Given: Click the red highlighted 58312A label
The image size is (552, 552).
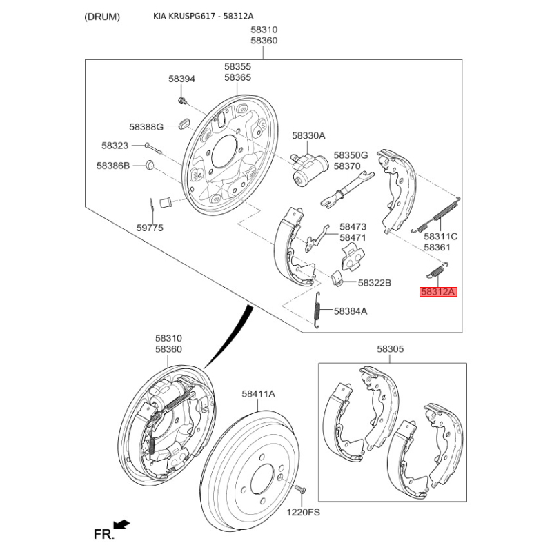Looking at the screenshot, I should pyautogui.click(x=439, y=292).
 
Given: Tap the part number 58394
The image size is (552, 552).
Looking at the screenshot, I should pyautogui.click(x=181, y=79).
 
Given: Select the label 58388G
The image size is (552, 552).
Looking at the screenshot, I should pyautogui.click(x=146, y=127).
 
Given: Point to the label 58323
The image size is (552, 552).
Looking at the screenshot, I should pyautogui.click(x=115, y=146).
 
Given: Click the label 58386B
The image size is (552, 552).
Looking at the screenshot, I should pyautogui.click(x=112, y=166).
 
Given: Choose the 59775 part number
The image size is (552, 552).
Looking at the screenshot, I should pyautogui.click(x=150, y=226).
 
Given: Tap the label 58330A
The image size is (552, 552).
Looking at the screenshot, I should pyautogui.click(x=308, y=136).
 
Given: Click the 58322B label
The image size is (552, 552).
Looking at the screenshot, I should pyautogui.click(x=375, y=283).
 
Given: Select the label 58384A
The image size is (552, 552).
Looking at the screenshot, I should pyautogui.click(x=351, y=311).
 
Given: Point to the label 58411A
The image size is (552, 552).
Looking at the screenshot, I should pyautogui.click(x=258, y=393).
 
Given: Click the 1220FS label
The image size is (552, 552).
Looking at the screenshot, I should pyautogui.click(x=304, y=513).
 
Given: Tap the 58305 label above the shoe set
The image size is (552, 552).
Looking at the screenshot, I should pyautogui.click(x=390, y=350).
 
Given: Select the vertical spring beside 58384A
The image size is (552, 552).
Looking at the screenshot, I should pyautogui.click(x=317, y=310).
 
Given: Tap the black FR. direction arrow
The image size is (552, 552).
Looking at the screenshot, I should pyautogui.click(x=122, y=526).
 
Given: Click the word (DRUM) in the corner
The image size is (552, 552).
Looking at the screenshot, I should pyautogui.click(x=101, y=16).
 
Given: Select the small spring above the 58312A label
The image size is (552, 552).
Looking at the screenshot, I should pyautogui.click(x=437, y=270).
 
